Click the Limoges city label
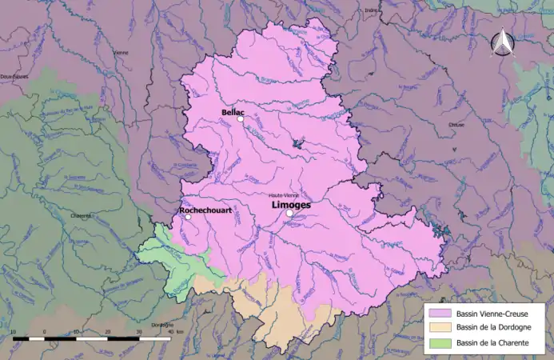[291, 205]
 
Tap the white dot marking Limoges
[289, 214]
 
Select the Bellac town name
[233, 113]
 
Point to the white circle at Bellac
[240, 120]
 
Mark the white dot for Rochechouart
[188, 217]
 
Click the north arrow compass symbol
[502, 44]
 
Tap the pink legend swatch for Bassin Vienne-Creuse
[439, 313]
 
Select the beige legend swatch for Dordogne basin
[439, 328]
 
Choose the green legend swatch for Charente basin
[439, 343]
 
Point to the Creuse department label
[456, 125]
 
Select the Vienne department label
[121, 53]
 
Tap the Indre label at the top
[370, 10]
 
